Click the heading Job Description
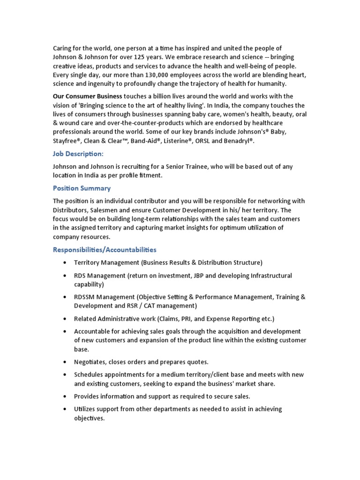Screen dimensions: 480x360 [x=77, y=154]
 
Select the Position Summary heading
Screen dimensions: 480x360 [x=82, y=188]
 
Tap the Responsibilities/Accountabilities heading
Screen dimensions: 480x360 [x=105, y=249]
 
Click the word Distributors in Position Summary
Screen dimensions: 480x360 [x=72, y=210]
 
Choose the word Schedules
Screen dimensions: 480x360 [x=90, y=375]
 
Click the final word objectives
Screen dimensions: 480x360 [x=89, y=418]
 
